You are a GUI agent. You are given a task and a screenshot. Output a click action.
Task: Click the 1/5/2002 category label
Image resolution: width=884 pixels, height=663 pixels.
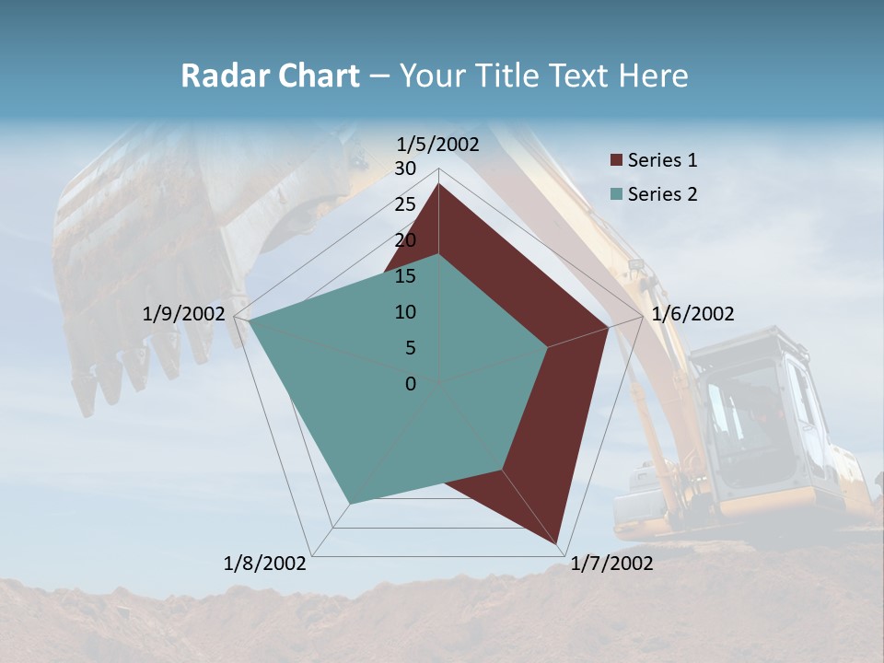(x=437, y=144)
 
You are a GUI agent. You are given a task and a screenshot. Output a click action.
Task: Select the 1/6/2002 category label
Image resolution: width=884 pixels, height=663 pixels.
(x=692, y=314)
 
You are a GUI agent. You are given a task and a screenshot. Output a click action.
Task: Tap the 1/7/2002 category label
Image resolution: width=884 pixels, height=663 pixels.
(x=611, y=564)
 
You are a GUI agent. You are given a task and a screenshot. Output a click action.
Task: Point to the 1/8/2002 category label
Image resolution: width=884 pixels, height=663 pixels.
(x=265, y=564)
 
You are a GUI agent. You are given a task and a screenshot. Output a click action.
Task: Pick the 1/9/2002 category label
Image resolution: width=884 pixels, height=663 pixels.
(x=183, y=314)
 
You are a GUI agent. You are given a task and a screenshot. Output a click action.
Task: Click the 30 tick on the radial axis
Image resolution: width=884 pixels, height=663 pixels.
(x=405, y=169)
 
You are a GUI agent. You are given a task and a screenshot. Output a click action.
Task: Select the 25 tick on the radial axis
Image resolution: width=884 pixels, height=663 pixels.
(x=405, y=204)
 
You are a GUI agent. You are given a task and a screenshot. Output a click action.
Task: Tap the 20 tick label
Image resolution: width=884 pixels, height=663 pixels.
(x=405, y=240)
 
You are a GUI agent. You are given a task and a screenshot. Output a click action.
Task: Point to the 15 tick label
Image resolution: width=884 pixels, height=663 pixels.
(x=405, y=276)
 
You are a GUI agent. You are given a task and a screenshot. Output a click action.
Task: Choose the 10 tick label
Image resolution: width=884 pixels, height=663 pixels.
(x=405, y=312)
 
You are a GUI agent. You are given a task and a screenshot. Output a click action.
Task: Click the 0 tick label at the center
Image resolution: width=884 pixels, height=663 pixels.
(x=411, y=384)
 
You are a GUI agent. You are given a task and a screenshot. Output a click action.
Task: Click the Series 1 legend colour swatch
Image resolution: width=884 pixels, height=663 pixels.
(x=616, y=161)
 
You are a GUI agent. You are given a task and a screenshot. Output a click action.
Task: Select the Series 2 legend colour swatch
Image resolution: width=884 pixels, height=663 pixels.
(x=616, y=194)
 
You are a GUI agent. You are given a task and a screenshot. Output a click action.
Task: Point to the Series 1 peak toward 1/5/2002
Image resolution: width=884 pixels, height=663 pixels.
(x=438, y=184)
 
